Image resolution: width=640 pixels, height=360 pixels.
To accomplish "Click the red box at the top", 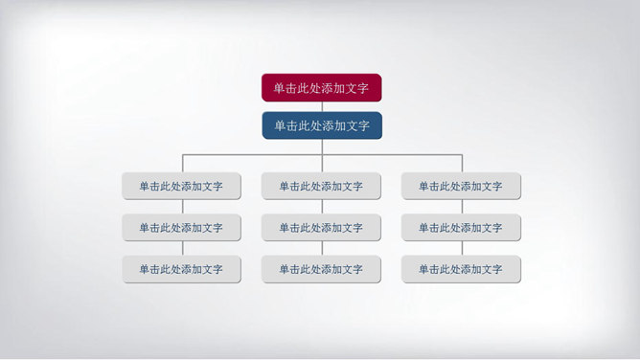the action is [x=322, y=88].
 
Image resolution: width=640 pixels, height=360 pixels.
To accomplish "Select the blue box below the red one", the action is [x=322, y=125].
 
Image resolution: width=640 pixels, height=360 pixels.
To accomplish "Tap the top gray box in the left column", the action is [x=181, y=187].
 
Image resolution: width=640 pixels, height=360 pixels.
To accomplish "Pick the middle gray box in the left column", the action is [x=181, y=228].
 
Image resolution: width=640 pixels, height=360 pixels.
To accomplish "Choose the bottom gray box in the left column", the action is [x=181, y=270].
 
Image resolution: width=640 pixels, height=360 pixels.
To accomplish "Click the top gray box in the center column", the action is [x=321, y=187].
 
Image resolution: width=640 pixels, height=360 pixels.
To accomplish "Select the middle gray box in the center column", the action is [x=321, y=228].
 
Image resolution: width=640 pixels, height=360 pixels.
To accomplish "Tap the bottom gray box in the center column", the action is [x=321, y=270].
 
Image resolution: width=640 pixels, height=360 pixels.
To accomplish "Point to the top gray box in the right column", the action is [x=461, y=187].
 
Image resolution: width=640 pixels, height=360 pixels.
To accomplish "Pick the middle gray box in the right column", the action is [x=461, y=228].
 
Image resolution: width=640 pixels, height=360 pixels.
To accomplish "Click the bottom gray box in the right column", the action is [x=461, y=270].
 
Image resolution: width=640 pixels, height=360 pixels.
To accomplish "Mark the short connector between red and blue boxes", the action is [x=322, y=106].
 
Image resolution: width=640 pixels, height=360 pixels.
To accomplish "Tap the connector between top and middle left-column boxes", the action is [x=182, y=207].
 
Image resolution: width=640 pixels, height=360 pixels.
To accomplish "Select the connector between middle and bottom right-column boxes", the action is [x=462, y=249].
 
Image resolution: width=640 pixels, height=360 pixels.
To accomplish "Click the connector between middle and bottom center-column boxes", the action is [x=322, y=249].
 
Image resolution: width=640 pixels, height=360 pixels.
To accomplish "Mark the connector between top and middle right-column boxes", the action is [x=462, y=207].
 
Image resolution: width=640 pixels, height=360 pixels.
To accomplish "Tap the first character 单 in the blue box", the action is [x=280, y=125].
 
